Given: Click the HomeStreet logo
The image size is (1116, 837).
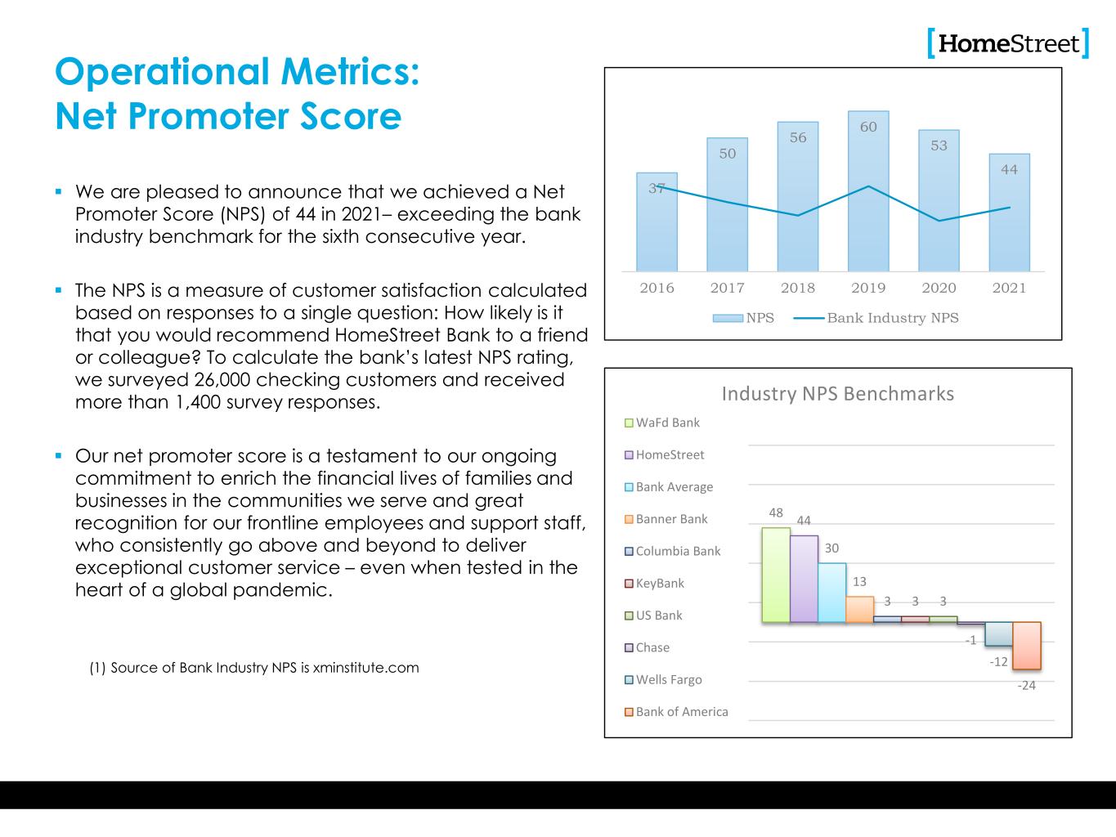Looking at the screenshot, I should (1008, 43).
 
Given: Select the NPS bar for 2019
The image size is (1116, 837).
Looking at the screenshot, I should (868, 192).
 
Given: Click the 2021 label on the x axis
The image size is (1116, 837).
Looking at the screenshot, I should (1009, 288).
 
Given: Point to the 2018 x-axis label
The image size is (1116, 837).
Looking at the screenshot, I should (798, 288).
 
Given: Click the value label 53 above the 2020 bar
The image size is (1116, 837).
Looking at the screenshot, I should (939, 145).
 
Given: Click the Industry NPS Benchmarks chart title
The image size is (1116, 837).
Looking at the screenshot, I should (837, 394).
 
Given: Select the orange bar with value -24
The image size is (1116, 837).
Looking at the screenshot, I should (1026, 646).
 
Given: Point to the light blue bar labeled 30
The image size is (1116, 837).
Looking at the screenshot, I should (831, 593).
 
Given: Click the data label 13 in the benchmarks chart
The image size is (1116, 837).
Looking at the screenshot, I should (860, 582).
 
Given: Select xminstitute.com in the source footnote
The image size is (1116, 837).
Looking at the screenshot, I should (366, 668).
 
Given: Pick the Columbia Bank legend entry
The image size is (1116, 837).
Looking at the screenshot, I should (678, 551).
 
